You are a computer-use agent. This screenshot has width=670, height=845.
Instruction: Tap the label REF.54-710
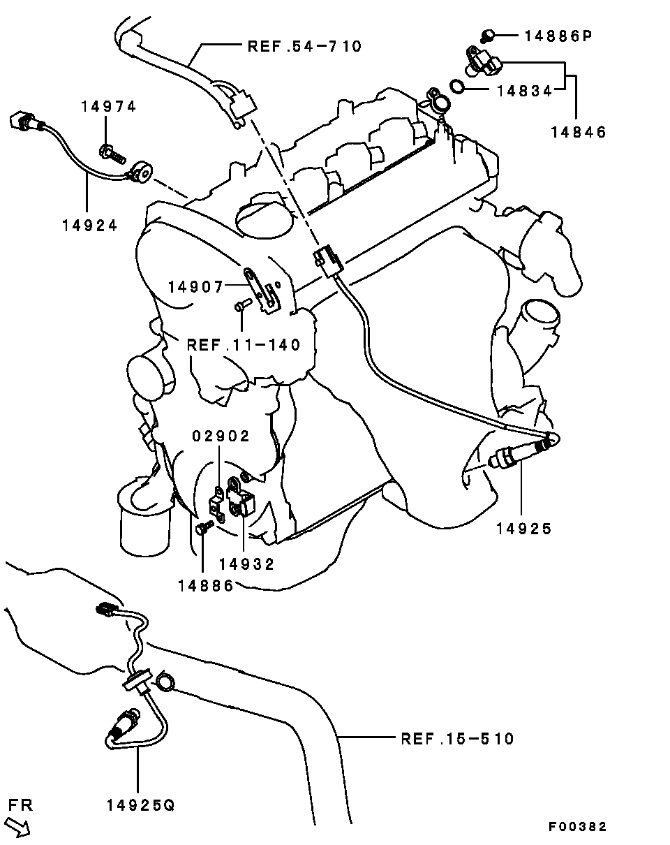[304, 46]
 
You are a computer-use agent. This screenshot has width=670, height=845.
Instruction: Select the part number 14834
[524, 91]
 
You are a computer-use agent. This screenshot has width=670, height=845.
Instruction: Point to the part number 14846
[579, 132]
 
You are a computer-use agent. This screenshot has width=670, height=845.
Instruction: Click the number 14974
[109, 106]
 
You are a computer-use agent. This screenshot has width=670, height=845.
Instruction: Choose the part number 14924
[90, 226]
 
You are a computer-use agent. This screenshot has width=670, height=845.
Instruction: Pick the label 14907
[195, 287]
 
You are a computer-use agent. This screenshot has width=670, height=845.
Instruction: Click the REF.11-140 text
[244, 345]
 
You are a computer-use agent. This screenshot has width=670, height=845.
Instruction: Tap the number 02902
[221, 436]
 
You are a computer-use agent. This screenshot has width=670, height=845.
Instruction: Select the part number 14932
[246, 565]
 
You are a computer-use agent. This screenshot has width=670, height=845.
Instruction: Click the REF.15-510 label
[457, 739]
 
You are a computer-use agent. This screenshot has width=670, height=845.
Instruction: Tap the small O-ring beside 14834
[457, 87]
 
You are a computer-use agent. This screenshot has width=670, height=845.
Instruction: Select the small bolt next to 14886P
[487, 36]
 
